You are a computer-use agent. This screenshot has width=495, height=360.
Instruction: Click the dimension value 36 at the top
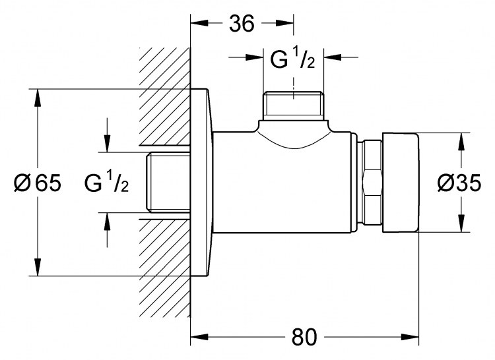coord(242,24)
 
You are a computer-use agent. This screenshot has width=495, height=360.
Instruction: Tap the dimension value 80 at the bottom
coord(304,337)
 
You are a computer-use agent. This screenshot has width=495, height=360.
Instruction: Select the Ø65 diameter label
coord(38,183)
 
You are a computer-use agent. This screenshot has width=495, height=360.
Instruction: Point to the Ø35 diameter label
coord(459,183)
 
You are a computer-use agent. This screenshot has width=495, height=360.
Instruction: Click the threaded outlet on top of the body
coord(294,106)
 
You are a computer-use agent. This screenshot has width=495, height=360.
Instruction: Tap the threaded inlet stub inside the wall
coord(168,182)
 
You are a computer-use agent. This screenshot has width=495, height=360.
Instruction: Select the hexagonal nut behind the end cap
coord(372,183)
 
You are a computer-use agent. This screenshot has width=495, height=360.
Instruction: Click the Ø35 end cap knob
coord(401,183)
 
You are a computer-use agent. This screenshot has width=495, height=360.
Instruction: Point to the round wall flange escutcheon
coord(201,183)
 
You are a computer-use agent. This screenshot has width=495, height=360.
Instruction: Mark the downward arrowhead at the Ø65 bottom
coord(38,267)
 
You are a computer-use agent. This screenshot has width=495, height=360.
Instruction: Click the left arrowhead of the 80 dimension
coord(199,337)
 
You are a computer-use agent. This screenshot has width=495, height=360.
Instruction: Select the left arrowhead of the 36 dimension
coord(199,23)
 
